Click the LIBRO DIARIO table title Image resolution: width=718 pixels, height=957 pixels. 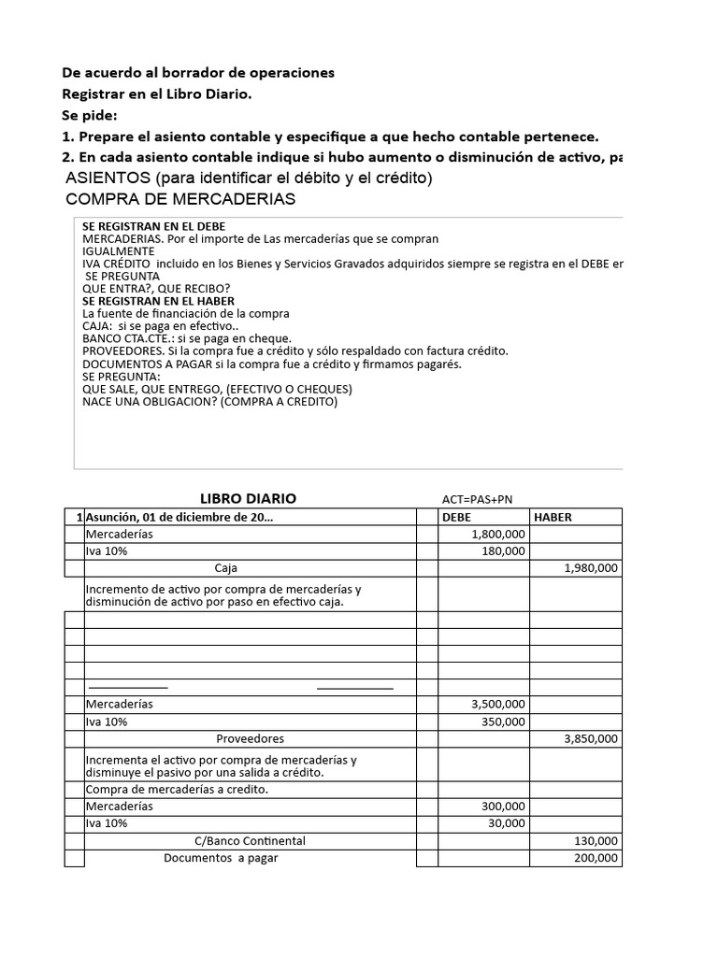point(248,499)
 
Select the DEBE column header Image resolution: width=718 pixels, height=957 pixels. point(457,517)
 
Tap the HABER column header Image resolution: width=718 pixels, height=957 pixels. point(553,517)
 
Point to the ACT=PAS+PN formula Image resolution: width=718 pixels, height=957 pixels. point(477,500)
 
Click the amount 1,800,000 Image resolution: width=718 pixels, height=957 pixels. point(498,534)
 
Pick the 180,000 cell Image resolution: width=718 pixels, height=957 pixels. point(504,551)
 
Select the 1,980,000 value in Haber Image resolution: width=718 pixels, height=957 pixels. point(592,568)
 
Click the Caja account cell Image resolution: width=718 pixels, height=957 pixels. point(226,568)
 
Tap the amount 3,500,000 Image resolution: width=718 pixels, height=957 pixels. point(498,704)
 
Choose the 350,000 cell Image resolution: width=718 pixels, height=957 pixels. point(504,721)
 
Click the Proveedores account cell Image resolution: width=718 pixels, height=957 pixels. point(250,738)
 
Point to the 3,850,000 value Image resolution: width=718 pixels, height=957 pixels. point(592,738)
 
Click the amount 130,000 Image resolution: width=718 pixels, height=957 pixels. point(596,840)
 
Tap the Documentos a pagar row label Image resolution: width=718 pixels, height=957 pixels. point(222,857)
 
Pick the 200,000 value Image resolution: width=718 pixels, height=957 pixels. point(596,857)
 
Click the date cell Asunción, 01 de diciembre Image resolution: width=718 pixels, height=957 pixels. point(179,517)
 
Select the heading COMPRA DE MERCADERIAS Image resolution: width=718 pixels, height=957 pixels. point(180,199)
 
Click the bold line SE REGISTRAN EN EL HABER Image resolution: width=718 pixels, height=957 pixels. point(158,301)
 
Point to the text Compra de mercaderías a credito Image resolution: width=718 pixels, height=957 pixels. point(177,790)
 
